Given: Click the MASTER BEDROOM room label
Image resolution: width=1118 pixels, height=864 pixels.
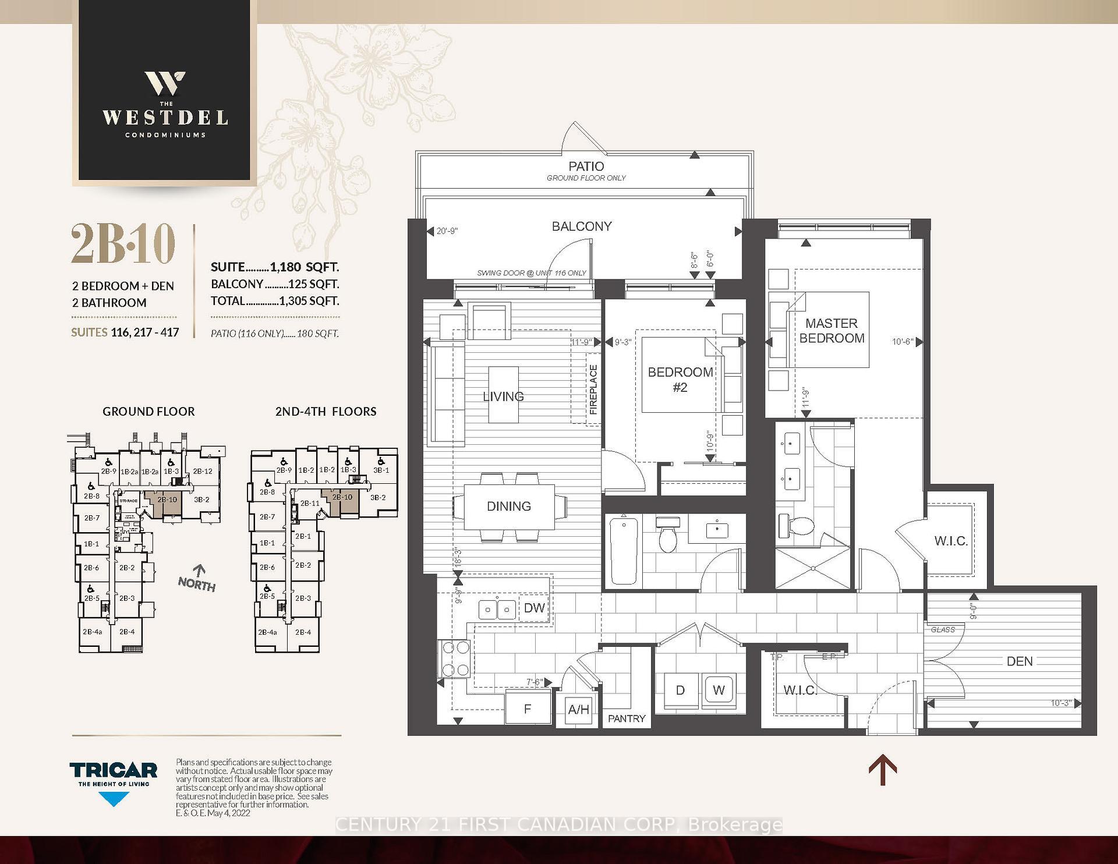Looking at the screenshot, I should click(831, 331).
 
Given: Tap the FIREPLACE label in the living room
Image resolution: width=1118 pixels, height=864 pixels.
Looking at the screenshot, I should click(593, 389).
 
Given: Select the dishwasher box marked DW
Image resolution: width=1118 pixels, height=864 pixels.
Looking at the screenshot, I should click(534, 608).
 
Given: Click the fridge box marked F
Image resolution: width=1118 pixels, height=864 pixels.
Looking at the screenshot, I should click(528, 709).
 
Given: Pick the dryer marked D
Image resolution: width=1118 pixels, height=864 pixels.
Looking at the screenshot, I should click(680, 691).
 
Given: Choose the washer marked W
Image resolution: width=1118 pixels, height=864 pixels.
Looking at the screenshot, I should click(719, 691).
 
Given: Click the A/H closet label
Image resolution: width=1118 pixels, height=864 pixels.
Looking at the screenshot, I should click(578, 710).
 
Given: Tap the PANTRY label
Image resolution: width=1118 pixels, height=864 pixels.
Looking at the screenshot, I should click(627, 718).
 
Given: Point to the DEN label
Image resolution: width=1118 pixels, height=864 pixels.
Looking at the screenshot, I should click(1019, 661).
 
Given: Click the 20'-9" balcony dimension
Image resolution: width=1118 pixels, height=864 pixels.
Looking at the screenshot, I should click(447, 231).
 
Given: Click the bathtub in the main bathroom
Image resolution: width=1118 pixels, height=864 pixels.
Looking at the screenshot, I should click(623, 550).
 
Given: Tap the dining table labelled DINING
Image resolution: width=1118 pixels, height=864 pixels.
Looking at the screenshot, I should click(509, 506).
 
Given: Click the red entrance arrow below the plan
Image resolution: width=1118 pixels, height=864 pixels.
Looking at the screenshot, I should click(882, 770).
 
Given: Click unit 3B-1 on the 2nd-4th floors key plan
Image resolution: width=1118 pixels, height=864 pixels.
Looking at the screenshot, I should click(381, 470).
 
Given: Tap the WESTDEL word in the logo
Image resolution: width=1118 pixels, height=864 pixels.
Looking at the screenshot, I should click(165, 118).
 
